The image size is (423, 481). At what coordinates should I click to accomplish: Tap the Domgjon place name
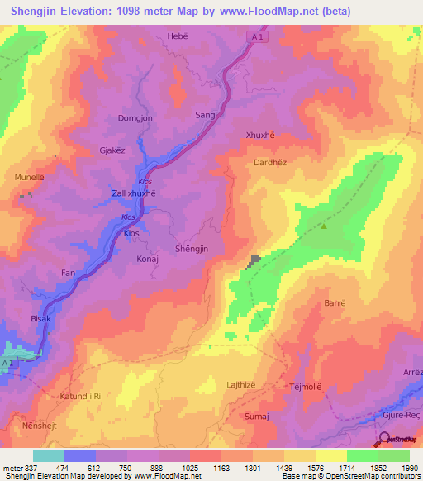[x=135, y=118]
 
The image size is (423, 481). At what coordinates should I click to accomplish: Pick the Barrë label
[x=334, y=303]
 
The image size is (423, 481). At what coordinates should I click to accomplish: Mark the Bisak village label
[x=41, y=318]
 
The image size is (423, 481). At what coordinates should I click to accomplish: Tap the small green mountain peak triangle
[x=324, y=226]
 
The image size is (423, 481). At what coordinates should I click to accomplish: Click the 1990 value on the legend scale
[x=409, y=469]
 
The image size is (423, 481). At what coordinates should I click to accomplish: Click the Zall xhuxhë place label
[x=134, y=193]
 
